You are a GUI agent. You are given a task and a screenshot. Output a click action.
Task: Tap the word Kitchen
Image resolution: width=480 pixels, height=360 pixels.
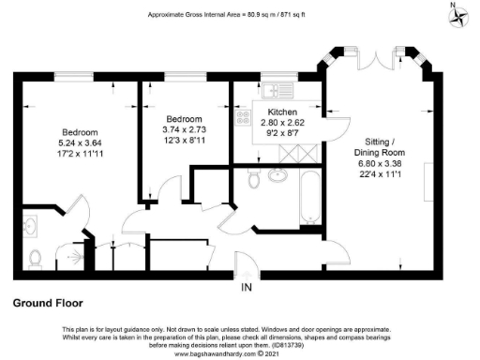click(282, 112)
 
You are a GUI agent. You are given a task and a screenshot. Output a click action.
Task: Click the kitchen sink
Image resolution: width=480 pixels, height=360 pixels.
click(274, 90)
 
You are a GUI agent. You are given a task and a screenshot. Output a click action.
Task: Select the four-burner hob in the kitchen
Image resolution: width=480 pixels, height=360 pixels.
click(243, 118)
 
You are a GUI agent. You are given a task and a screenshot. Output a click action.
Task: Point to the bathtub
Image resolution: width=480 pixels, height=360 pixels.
click(307, 199)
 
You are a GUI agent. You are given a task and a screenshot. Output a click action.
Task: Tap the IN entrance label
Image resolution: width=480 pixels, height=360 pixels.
click(247, 286)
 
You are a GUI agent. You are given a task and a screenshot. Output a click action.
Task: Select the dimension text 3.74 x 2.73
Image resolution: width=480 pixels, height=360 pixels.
click(184, 130)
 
